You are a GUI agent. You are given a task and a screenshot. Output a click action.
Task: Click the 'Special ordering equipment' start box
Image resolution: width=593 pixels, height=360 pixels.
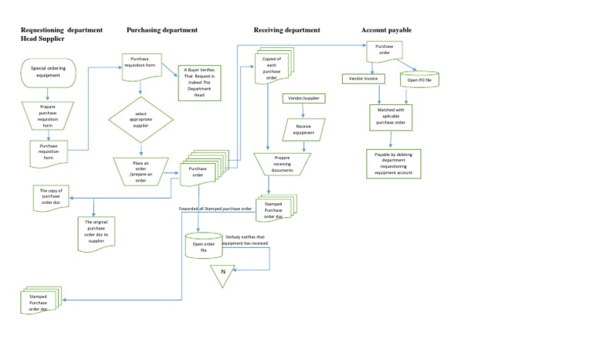(x=49, y=72)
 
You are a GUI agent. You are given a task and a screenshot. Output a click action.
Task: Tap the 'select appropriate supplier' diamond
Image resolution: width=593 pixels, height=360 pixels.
(x=141, y=119)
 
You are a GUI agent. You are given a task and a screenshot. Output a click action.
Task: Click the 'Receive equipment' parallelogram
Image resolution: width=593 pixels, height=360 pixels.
(x=303, y=130)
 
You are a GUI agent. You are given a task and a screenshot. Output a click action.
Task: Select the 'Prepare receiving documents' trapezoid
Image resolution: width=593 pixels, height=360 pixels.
(x=282, y=163)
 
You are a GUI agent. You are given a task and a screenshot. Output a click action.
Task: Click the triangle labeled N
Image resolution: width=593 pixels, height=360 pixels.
(x=223, y=273)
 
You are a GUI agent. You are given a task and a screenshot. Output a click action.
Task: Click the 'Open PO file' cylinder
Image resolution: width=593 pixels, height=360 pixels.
(x=418, y=80)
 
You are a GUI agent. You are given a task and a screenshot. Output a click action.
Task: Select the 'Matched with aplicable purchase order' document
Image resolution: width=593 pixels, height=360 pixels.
(x=391, y=117)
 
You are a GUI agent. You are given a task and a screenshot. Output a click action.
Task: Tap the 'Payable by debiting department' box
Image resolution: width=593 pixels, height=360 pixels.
(x=394, y=164)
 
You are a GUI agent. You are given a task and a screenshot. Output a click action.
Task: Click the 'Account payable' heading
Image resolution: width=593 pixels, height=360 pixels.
(x=386, y=30)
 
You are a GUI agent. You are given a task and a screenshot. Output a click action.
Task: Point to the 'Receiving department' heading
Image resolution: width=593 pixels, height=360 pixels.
(x=286, y=30)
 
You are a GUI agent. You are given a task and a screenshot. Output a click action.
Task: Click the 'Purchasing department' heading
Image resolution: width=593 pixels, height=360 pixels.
(x=161, y=30)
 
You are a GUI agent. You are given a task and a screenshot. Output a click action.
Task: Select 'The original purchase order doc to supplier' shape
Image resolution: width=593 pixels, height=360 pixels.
(x=97, y=230)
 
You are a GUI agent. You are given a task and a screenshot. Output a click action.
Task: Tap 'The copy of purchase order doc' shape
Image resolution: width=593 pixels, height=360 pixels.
(x=56, y=198)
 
